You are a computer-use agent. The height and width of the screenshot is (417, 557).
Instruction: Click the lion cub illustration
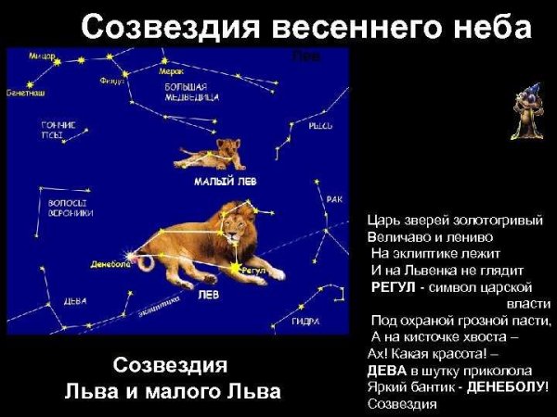click(x=214, y=155)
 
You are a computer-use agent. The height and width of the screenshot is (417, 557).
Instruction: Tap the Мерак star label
click(x=172, y=70)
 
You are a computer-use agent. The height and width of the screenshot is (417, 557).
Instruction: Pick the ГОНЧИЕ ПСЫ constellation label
click(x=58, y=130)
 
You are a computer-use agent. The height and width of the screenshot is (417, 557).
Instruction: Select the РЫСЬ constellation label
click(x=320, y=125)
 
